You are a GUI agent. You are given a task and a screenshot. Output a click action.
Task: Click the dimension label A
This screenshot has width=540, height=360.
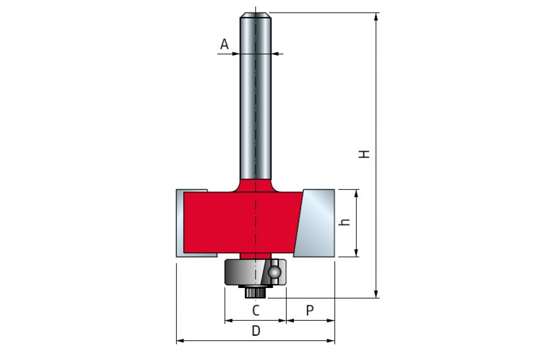click(224, 44)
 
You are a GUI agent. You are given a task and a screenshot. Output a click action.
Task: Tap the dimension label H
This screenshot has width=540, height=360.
click(364, 154)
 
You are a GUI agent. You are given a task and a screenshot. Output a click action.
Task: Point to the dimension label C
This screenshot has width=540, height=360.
click(256, 310)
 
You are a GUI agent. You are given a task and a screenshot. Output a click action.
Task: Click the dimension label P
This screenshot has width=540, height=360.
click(310, 310)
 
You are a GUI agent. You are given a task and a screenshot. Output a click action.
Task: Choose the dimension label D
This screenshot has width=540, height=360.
click(256, 331)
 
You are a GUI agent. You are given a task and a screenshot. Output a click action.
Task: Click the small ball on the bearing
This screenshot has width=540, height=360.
click(274, 272)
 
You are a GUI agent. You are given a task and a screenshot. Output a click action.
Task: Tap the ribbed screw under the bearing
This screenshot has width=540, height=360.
click(255, 293)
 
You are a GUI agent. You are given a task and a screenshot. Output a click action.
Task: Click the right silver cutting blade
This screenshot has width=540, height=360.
click(314, 223)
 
